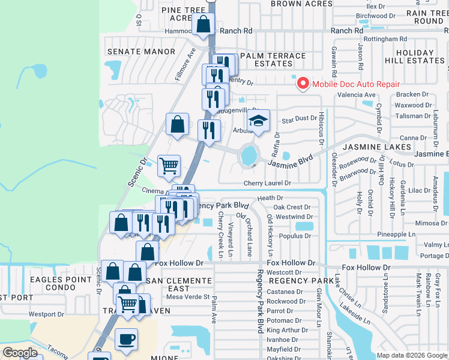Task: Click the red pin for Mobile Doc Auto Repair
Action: pos(303,84)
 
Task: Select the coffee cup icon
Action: pos(126,339)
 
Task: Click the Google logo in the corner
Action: pos(20,353)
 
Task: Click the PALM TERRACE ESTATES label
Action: pos(273,59)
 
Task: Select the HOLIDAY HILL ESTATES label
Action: pos(420,56)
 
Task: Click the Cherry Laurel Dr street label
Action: pos(267,183)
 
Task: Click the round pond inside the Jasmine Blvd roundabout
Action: pos(248,156)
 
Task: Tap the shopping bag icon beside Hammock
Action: pos(203,25)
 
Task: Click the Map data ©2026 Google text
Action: pos(411,355)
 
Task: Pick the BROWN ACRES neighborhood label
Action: pos(301,4)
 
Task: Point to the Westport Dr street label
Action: pos(46,314)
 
